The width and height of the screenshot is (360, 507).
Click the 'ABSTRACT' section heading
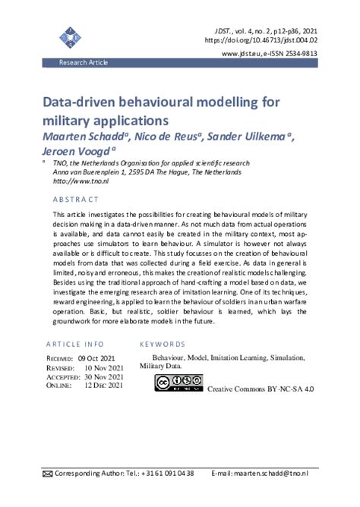76,200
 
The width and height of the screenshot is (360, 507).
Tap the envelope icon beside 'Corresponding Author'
47,474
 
